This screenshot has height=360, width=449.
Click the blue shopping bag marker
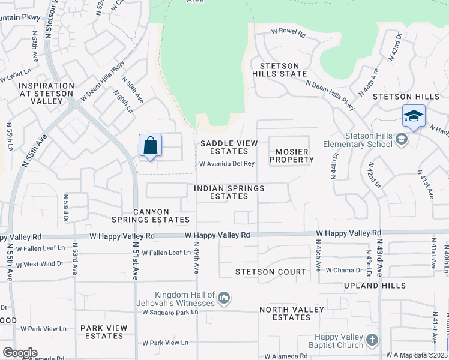tap(150, 146)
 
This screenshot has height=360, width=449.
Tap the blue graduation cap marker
tap(414, 116)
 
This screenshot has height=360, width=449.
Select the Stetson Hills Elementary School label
tap(358, 140)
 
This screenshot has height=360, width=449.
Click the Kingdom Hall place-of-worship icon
tap(224, 298)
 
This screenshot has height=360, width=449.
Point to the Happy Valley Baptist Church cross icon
tap(372, 340)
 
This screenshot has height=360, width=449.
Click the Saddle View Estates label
tap(229, 147)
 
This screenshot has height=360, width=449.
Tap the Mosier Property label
tap(292, 155)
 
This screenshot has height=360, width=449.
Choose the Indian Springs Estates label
tap(229, 192)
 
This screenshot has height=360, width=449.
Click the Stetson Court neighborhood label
tap(271, 272)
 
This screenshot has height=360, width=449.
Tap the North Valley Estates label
tap(292, 313)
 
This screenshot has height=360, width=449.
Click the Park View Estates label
tap(104, 332)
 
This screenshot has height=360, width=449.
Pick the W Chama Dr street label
tap(344, 270)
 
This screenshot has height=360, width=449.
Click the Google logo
tap(20, 352)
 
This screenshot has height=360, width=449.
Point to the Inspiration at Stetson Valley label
tap(38, 94)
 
